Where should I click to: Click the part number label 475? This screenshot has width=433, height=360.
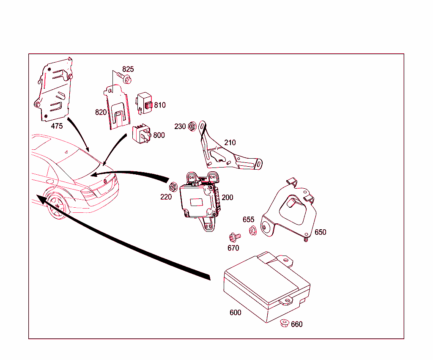coord(57,126)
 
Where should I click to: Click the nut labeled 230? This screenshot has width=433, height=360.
coord(192,126)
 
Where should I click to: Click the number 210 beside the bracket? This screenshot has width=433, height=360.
coord(230,143)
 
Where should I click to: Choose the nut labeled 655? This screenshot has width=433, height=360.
coord(253,231)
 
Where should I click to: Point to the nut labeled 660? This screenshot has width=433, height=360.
coord(284,324)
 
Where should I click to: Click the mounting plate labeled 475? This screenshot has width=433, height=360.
coord(54,91)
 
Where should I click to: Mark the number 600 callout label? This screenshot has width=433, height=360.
coord(235,313)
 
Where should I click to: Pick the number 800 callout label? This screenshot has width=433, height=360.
coord(159,135)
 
